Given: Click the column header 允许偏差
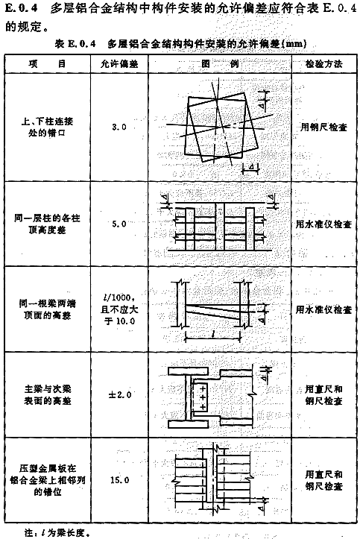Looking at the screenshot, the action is click(x=119, y=64).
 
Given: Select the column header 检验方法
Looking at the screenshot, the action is click(x=324, y=64).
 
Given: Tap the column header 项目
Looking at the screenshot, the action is click(x=48, y=64).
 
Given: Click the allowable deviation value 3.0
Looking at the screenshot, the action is click(x=119, y=127).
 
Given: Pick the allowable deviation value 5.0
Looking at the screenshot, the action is click(x=119, y=224).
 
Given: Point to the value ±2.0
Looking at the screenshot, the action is click(x=119, y=394).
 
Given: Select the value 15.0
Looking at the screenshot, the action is click(x=119, y=480).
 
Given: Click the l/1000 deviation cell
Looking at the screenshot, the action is click(x=119, y=309).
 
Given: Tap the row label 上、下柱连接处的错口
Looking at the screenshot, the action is click(x=48, y=127).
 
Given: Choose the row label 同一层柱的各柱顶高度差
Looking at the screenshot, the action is click(x=48, y=224).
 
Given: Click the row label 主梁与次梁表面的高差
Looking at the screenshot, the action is click(x=48, y=394).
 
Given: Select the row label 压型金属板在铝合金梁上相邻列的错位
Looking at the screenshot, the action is click(x=48, y=480).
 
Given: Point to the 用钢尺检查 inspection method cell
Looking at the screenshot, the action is click(x=324, y=127).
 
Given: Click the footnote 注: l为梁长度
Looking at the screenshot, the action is click(x=57, y=533).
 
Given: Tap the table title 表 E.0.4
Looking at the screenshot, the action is click(x=75, y=44).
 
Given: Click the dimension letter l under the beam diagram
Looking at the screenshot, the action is click(x=213, y=334).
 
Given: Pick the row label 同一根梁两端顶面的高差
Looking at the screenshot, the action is click(x=48, y=309).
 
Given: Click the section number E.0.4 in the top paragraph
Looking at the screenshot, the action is click(x=22, y=8).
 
